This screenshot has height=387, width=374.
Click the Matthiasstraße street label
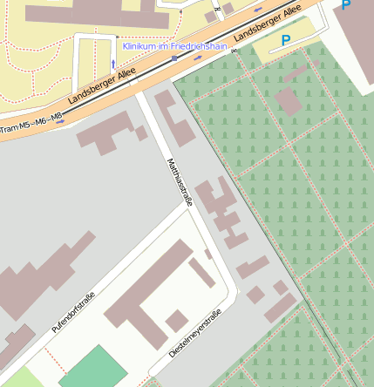pyautogui.click(x=179, y=182)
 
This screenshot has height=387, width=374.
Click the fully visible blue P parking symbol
pyautogui.click(x=285, y=40)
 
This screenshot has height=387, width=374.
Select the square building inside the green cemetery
pyautogui.click(x=289, y=102)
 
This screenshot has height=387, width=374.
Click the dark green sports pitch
pyautogui.click(x=92, y=368)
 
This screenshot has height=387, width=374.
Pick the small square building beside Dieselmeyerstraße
pyautogui.click(x=177, y=320)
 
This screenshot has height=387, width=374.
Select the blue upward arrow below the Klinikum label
pyautogui.click(x=113, y=64)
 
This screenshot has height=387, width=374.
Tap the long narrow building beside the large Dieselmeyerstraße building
pyautogui.click(x=201, y=272)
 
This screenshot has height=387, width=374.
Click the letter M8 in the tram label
pyautogui.click(x=57, y=117)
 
